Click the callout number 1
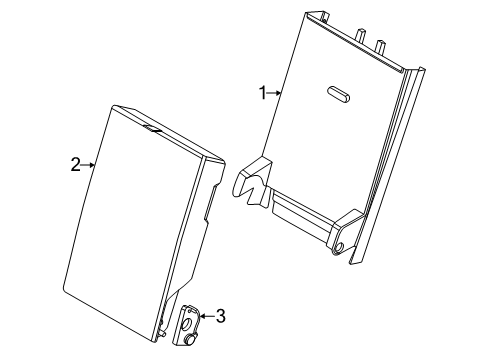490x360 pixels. click(263, 93)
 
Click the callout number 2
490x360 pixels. click(76, 165)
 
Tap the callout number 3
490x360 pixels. click(221, 316)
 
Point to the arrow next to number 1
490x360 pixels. click(274, 93)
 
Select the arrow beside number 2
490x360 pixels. click(88, 165)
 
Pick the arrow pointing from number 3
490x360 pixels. click(207, 316)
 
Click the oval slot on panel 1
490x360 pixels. click(338, 94)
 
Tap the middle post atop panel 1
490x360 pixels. click(360, 36)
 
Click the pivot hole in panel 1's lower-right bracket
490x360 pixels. click(339, 247)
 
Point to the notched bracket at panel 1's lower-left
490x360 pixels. click(252, 182)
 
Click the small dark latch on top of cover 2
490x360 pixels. click(153, 129)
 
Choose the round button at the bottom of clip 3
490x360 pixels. click(191, 340)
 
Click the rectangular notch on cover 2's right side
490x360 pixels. click(211, 203)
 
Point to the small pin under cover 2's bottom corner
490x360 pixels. click(163, 334)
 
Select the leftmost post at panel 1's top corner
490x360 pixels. click(324, 16)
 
